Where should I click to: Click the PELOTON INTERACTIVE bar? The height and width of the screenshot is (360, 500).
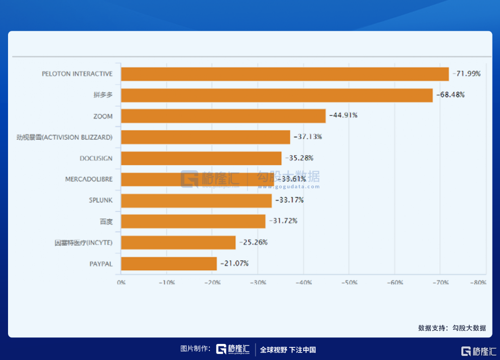tap(285, 74)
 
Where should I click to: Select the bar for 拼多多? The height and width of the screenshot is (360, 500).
tap(277, 95)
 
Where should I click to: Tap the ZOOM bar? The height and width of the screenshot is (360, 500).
tap(223, 116)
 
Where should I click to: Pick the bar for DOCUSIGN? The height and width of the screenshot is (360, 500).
tap(201, 158)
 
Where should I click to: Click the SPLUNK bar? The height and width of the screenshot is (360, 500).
tap(196, 200)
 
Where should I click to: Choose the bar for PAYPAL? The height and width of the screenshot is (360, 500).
tap(169, 264)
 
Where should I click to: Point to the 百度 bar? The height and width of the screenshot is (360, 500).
tap(193, 221)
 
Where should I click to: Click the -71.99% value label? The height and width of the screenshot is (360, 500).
tap(466, 74)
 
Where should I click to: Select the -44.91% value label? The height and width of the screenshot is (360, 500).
tap(343, 115)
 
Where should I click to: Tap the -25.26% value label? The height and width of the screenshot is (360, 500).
tap(253, 243)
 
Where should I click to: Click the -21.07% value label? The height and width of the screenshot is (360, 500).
tap(234, 264)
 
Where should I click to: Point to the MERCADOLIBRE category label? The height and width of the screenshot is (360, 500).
tap(89, 179)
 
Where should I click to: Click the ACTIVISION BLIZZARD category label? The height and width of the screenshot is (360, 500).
tap(64, 137)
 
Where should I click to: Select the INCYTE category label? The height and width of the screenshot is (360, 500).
tap(83, 243)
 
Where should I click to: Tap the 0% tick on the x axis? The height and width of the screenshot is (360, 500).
tap(121, 283)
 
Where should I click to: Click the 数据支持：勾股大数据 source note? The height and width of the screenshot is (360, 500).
tap(452, 328)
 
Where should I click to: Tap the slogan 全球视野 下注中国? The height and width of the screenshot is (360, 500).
tap(288, 350)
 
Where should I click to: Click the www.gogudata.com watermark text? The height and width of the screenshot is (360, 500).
tap(289, 187)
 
